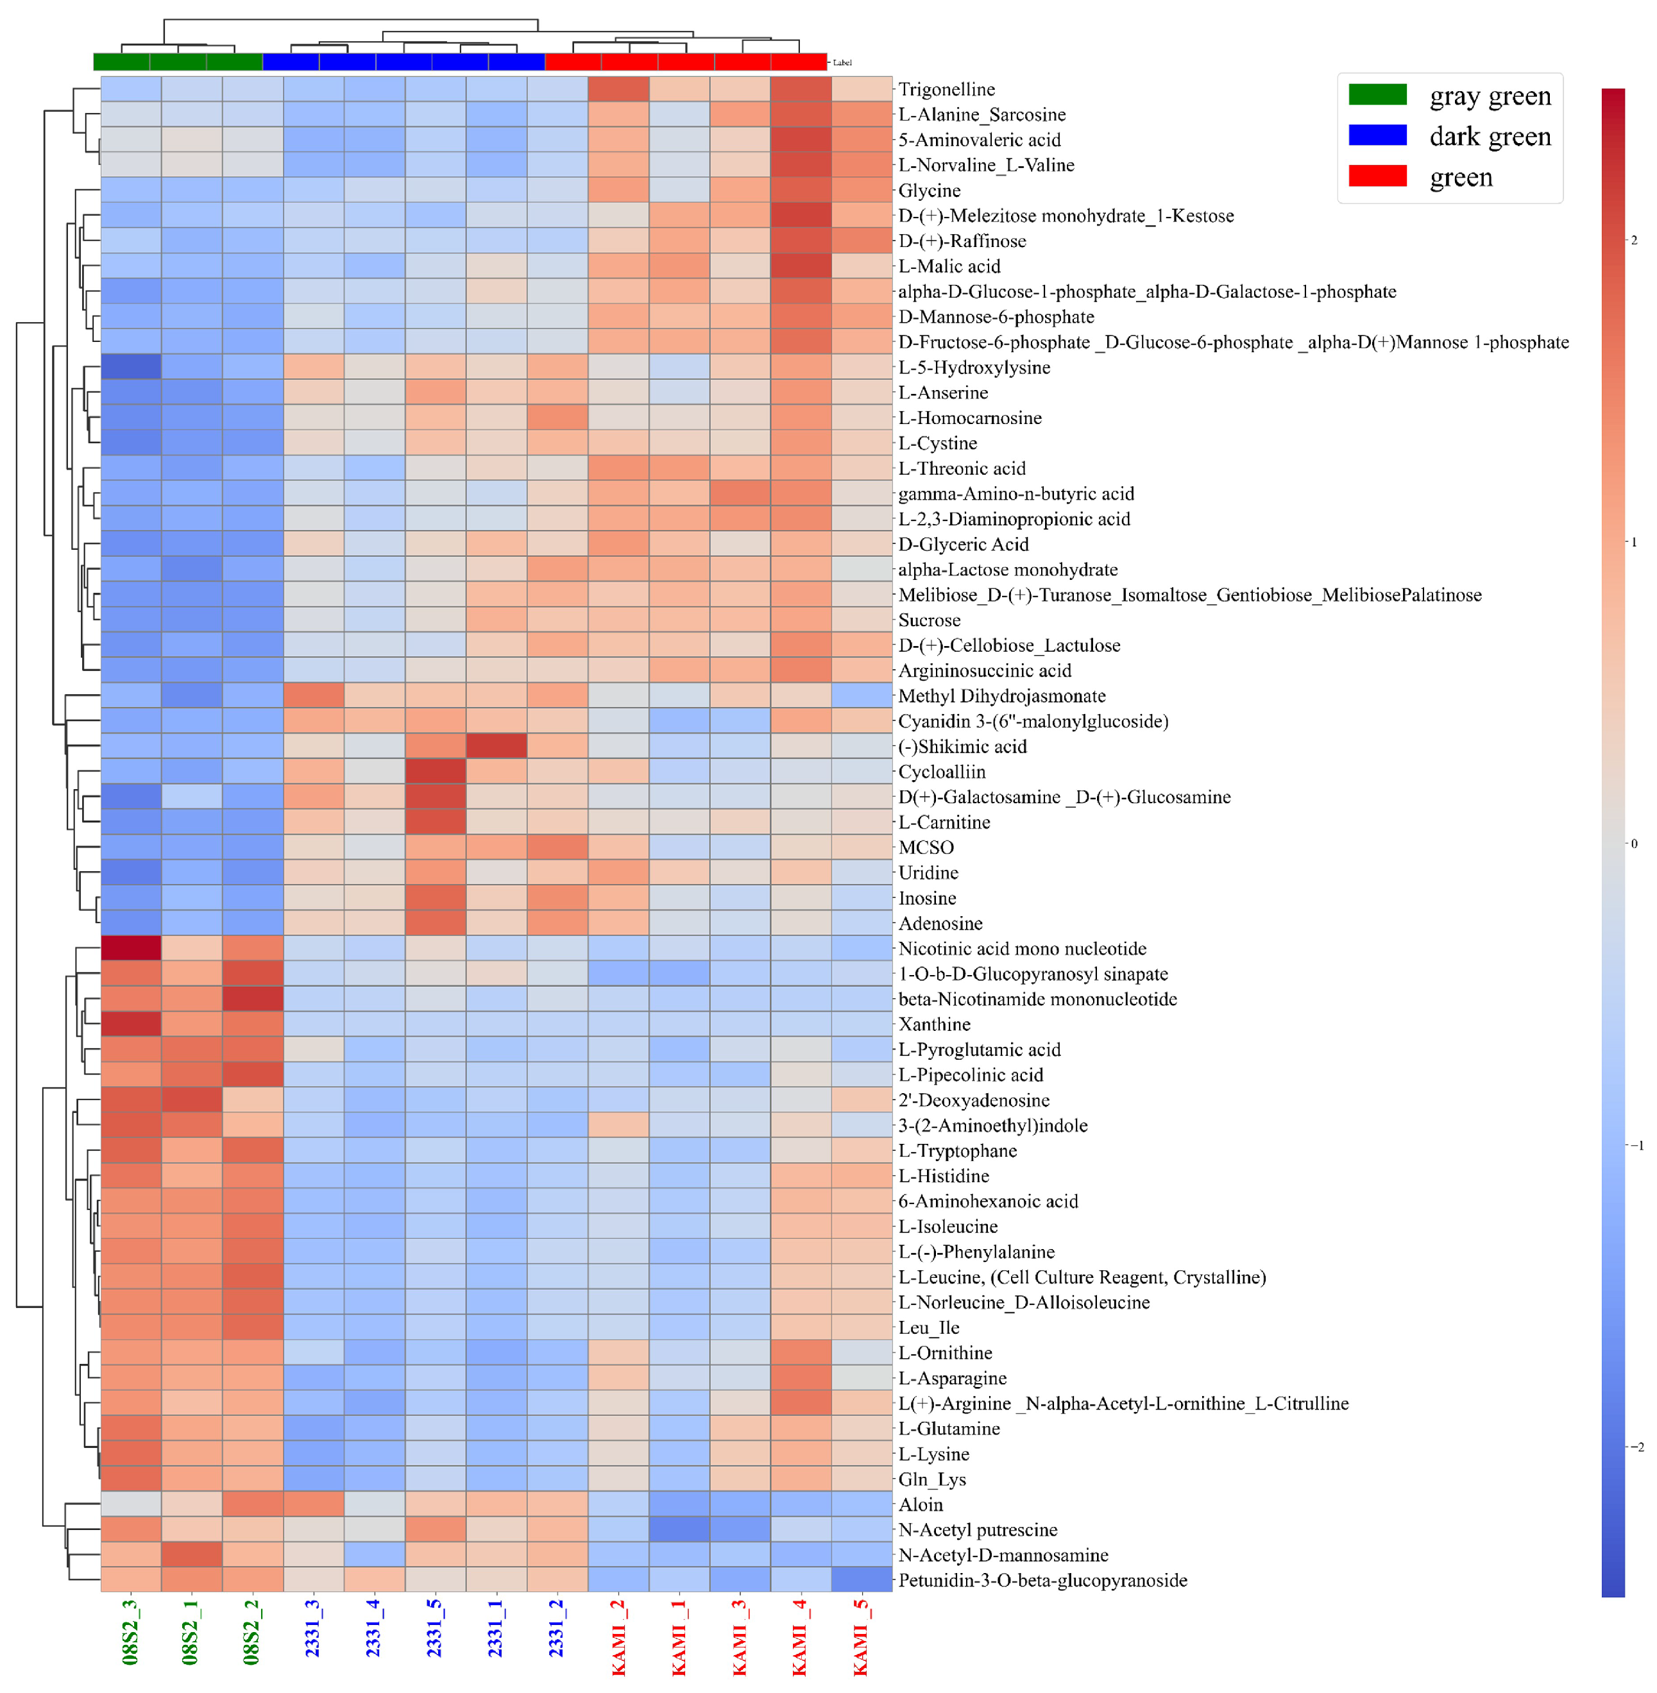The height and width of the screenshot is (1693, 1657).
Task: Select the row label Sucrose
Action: tap(930, 620)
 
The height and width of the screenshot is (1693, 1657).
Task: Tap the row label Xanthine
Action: tap(934, 1025)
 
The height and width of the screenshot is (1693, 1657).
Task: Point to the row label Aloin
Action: tap(921, 1505)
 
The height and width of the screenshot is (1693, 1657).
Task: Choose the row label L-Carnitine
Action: tap(944, 822)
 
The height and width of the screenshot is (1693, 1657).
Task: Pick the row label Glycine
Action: tap(930, 191)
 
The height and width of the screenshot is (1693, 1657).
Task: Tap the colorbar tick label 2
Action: tap(1633, 240)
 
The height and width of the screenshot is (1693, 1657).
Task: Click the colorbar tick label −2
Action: tap(1636, 1447)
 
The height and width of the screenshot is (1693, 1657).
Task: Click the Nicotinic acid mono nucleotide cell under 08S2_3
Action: tap(130, 949)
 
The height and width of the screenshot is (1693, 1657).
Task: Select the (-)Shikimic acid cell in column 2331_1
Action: tap(496, 747)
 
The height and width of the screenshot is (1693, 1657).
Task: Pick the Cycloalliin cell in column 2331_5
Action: tap(435, 772)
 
